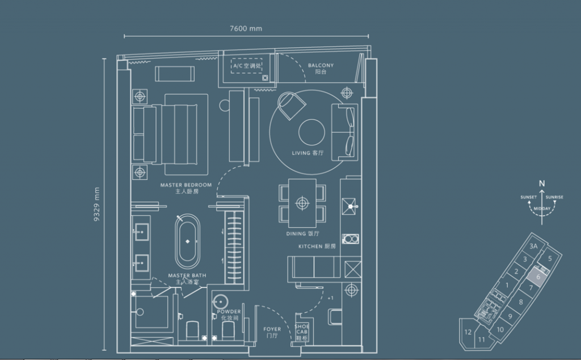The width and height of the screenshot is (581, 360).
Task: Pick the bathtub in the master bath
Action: click(x=187, y=242)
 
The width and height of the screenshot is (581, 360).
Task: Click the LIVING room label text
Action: click(x=308, y=153)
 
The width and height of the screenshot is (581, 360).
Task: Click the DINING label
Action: click(x=304, y=234)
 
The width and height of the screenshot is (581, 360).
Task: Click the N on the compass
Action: click(x=542, y=183)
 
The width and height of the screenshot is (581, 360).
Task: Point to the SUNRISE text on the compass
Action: click(x=554, y=197)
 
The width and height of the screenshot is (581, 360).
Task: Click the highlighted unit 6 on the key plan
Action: click(x=537, y=276)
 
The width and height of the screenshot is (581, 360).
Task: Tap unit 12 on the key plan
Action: click(x=468, y=332)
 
